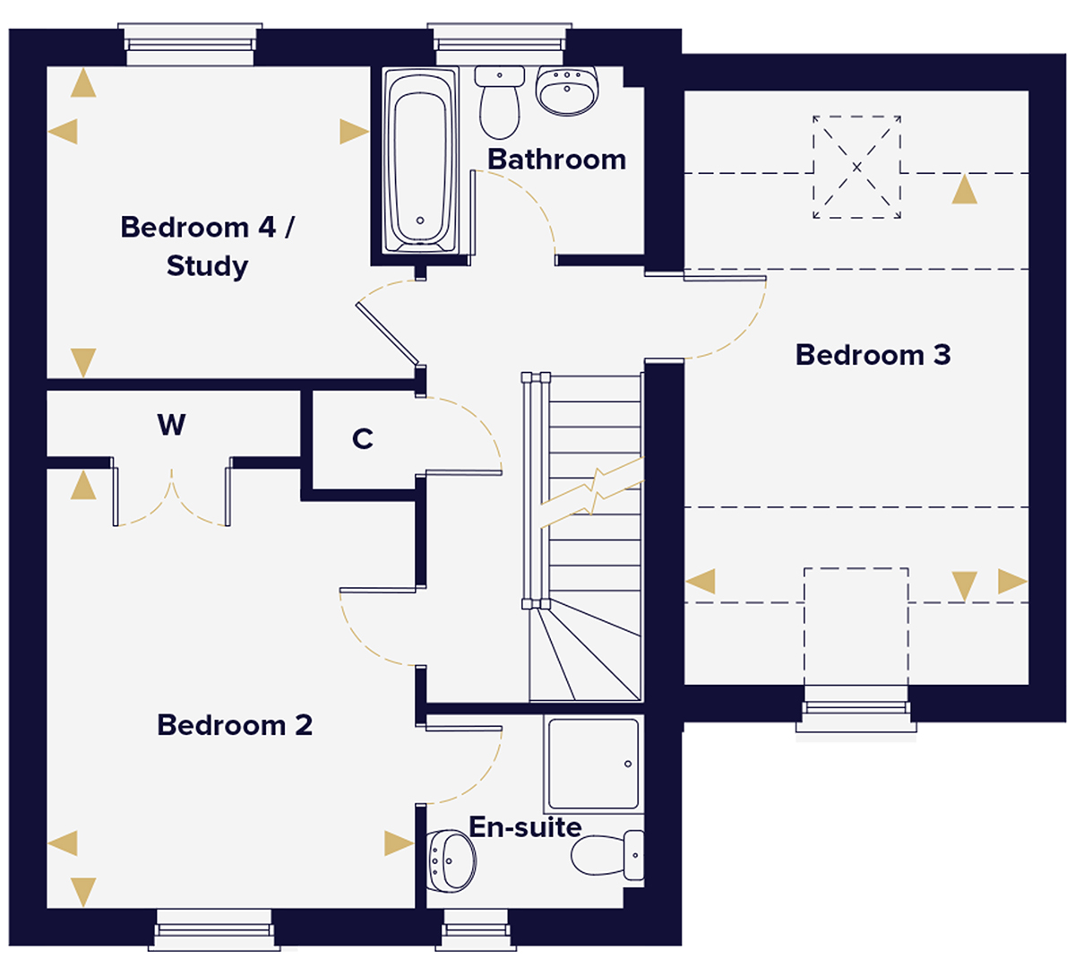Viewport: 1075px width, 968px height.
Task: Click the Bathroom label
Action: (556, 160)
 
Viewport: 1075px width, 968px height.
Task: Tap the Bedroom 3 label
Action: (873, 355)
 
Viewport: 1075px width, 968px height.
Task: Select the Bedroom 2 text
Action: (235, 724)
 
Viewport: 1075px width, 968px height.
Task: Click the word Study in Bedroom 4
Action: (207, 266)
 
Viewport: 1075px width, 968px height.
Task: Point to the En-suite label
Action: (525, 826)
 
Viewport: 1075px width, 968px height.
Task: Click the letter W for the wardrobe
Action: (171, 424)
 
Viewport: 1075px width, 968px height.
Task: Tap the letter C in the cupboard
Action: (362, 439)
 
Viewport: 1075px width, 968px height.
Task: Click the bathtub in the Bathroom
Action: (419, 161)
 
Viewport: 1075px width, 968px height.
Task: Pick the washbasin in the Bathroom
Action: (566, 91)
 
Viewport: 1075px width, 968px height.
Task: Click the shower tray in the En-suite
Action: (592, 764)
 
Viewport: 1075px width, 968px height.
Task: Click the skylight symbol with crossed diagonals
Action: (856, 167)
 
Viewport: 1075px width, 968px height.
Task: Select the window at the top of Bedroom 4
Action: (189, 45)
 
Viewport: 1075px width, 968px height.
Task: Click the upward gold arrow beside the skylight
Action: (964, 189)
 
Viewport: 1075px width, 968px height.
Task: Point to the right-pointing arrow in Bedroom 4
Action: (354, 133)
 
